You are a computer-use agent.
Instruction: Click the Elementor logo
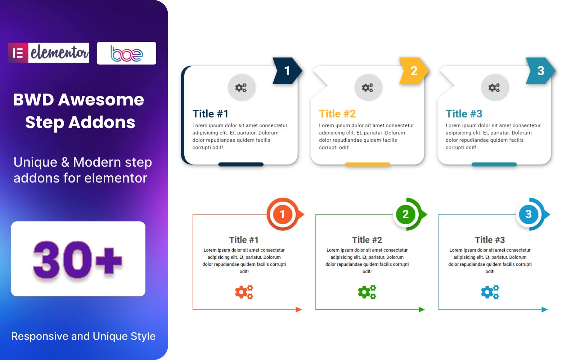coord(48,53)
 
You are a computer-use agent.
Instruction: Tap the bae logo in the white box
coord(126,53)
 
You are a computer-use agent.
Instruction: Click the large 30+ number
coord(78,260)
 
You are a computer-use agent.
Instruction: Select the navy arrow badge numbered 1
coord(287,71)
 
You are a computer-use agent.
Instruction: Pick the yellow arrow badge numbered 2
coord(414,71)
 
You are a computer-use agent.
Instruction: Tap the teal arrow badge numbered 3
coord(540,71)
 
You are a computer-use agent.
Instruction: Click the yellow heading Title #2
coord(337,114)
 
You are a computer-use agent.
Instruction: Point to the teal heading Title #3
coord(464,114)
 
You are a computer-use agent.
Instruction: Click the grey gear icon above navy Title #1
coord(241,87)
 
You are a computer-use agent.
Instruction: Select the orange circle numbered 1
coord(283,214)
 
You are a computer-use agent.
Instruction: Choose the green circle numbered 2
coord(405,214)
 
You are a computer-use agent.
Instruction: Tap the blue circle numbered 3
coord(528,214)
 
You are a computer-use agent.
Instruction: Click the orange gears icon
coord(244,292)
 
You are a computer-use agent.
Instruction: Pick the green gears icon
coord(367,292)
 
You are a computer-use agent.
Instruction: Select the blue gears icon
coord(490,292)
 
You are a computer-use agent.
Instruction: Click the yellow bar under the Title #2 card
coord(367,165)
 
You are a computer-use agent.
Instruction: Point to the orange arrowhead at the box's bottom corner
coord(298,309)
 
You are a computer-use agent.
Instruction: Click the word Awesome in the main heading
coord(101,100)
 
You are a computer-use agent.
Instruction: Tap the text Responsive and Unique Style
coord(83,336)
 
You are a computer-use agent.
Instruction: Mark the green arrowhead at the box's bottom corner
coord(422,309)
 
